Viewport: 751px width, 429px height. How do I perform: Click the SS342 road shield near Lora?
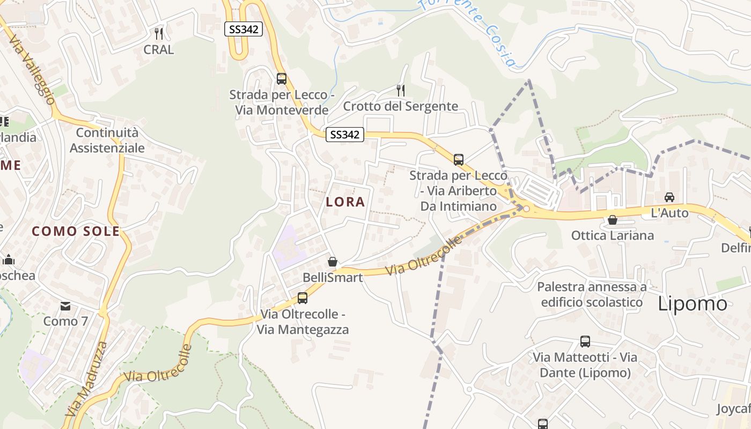[344, 135]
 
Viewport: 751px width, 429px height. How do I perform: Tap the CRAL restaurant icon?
[158, 34]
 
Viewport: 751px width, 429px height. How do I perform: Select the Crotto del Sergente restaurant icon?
[400, 90]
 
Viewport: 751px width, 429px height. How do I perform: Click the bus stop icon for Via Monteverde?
[282, 79]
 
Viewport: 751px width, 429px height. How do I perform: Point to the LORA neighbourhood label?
[345, 202]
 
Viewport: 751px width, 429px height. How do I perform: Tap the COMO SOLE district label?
[76, 232]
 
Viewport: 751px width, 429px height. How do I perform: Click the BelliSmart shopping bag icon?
[333, 262]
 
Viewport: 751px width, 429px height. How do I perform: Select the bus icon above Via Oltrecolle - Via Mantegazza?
[303, 298]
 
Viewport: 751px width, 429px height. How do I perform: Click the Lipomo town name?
[693, 304]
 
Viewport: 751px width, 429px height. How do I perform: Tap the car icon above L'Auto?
[669, 197]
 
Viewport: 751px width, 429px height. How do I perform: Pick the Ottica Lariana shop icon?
[612, 220]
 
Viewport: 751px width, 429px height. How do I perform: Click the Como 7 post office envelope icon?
[65, 306]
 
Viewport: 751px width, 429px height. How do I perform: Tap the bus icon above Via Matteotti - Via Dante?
[585, 342]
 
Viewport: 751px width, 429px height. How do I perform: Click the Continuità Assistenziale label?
[107, 140]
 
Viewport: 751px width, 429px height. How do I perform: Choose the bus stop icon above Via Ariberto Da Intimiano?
[459, 159]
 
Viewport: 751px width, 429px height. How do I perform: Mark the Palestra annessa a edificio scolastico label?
[592, 294]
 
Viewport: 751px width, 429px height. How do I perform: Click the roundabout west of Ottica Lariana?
[526, 209]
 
